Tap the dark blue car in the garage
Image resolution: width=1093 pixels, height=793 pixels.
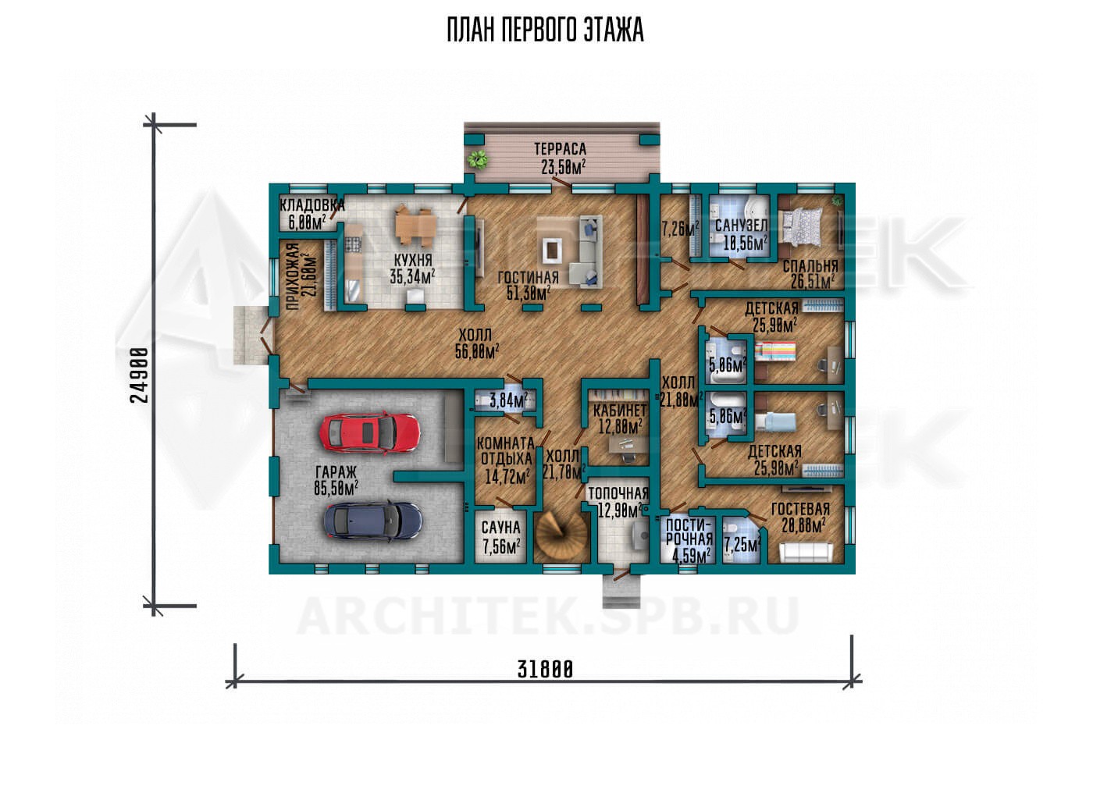pyautogui.click(x=373, y=520)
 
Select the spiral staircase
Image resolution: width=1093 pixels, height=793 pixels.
pyautogui.click(x=561, y=536)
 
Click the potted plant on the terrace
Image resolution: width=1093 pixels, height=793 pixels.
pyautogui.click(x=477, y=159)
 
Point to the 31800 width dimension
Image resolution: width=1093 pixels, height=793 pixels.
pyautogui.click(x=545, y=669)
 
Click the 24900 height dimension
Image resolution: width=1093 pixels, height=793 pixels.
pyautogui.click(x=140, y=375)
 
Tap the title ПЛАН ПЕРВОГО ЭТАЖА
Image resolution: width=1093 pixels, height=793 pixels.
pyautogui.click(x=546, y=30)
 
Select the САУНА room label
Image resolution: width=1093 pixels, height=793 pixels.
pyautogui.click(x=500, y=528)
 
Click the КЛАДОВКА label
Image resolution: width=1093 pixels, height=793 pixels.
pyautogui.click(x=312, y=205)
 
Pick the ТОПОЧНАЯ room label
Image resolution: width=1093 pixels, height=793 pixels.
pyautogui.click(x=618, y=493)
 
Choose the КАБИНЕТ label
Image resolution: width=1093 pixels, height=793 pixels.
pyautogui.click(x=620, y=411)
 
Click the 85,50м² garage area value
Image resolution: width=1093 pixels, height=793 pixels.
pyautogui.click(x=336, y=488)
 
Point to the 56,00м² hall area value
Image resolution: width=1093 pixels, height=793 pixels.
pyautogui.click(x=477, y=351)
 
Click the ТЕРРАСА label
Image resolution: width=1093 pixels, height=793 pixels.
pyautogui.click(x=561, y=149)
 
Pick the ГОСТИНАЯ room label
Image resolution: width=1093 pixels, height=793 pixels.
pyautogui.click(x=528, y=278)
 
